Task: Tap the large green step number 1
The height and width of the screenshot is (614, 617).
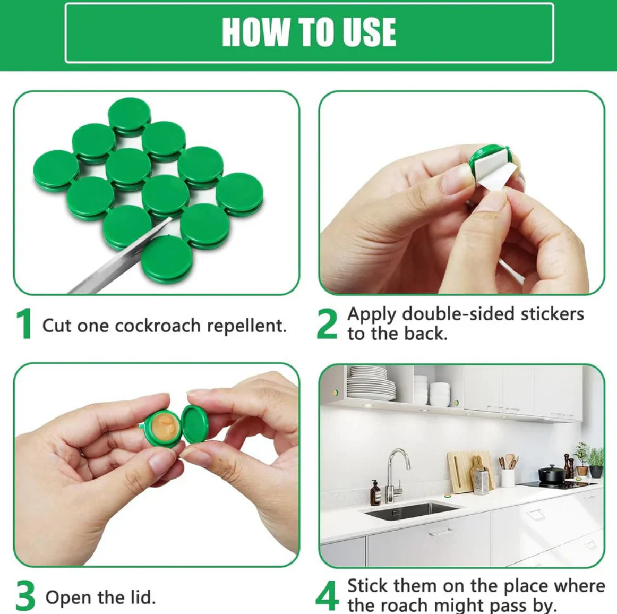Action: coord(24,323)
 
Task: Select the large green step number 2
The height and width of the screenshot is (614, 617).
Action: coord(327,323)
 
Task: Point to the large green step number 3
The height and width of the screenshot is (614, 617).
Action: coord(25,595)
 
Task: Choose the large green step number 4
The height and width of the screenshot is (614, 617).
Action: coord(327,595)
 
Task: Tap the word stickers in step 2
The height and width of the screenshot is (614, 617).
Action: coord(552,314)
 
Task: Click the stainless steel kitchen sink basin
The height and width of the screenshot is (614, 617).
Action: coord(410,510)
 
